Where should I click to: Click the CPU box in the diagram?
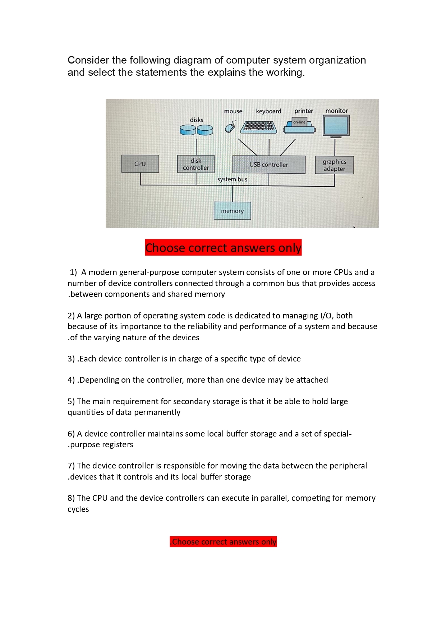140,164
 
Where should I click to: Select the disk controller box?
196,164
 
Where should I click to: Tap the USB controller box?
269,164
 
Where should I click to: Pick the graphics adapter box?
334,165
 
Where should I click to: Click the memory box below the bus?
232,211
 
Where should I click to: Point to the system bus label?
232,179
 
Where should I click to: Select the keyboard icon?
259,127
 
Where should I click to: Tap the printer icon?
299,126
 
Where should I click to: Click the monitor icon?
336,126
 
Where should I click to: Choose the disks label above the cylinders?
197,120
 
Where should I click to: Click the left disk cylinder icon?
188,130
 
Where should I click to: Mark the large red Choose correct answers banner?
223,248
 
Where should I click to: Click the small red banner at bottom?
223,542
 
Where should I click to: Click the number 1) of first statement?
73,272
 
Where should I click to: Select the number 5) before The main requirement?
71,401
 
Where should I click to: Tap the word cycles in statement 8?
78,509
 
